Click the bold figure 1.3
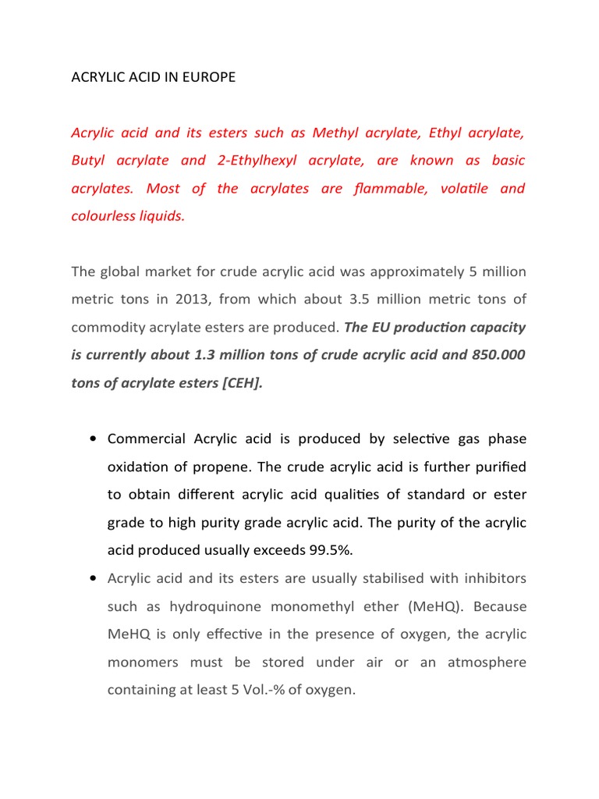(206, 356)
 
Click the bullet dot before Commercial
(93, 439)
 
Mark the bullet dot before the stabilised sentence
(93, 579)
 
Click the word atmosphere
(487, 662)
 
